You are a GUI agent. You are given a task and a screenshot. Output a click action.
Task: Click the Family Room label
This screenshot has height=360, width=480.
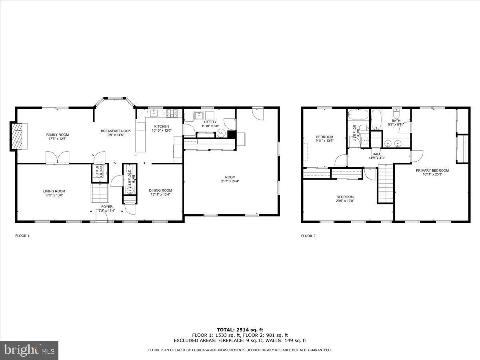[58, 135]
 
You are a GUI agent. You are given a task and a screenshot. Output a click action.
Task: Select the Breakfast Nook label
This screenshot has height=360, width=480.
[116, 131]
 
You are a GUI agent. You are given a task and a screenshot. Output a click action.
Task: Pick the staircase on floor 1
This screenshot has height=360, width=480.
[100, 193]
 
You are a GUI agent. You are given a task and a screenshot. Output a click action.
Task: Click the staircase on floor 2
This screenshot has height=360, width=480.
[385, 185]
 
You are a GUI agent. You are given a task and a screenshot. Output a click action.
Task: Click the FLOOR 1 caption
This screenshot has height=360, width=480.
[22, 236]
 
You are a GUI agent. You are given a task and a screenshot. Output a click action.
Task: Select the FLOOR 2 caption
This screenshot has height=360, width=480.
[308, 236]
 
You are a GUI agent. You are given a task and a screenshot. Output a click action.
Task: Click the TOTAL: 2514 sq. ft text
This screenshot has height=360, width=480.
[240, 330]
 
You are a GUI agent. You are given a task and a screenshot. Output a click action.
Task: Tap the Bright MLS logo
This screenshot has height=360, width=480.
[30, 350]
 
